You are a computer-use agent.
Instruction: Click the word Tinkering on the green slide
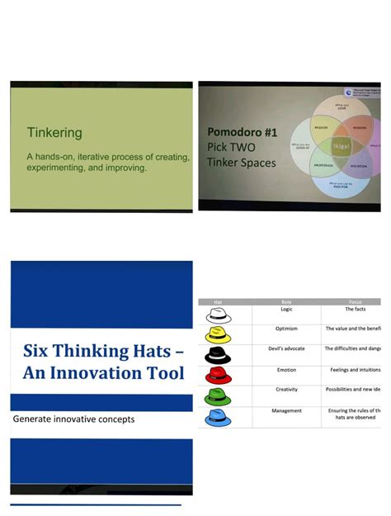coord(54,132)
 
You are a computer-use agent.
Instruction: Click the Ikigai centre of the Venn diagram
coord(341,146)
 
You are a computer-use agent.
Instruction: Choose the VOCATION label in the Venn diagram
coord(359,165)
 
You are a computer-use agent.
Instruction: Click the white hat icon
coord(217,315)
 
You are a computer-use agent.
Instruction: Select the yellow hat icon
coord(217,334)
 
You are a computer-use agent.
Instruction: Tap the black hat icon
coord(217,355)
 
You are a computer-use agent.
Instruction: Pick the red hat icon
coord(217,376)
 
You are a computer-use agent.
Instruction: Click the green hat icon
coord(217,396)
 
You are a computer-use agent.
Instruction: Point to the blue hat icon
coord(217,417)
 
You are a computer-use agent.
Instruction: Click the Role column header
coord(286,301)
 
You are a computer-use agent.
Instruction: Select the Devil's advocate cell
coord(286,348)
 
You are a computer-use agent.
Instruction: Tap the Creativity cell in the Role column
coord(286,390)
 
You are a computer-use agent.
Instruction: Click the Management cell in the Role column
coord(286,410)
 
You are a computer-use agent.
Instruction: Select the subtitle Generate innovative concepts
coord(73,419)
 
